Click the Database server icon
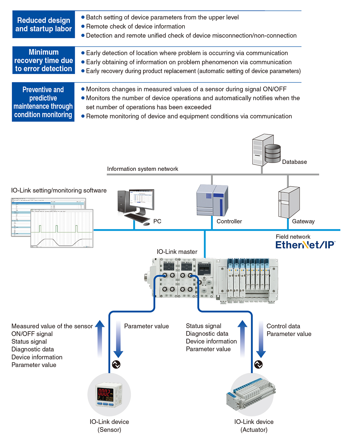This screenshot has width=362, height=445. [266, 150]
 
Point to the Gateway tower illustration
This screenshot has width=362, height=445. [289, 202]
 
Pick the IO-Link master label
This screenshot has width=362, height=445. [177, 252]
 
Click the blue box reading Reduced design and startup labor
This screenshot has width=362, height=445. [43, 25]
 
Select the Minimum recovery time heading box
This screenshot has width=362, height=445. [43, 60]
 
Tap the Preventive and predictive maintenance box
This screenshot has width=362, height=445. [43, 102]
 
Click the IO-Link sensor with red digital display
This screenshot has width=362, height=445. [109, 394]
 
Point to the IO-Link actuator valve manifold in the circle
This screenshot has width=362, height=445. [252, 394]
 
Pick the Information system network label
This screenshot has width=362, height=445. [142, 169]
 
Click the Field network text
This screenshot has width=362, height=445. [293, 237]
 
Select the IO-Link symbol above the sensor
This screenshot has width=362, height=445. [116, 364]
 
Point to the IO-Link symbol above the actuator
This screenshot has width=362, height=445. [259, 364]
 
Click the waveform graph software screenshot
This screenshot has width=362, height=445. [62, 228]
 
